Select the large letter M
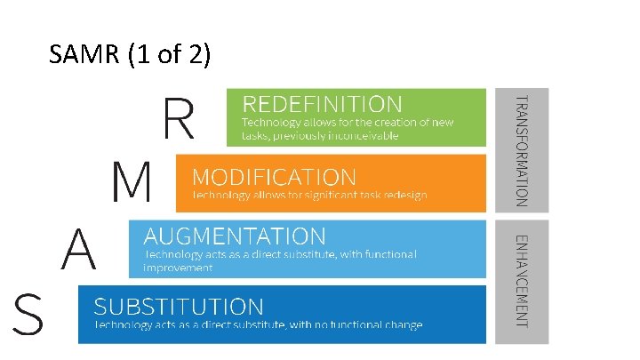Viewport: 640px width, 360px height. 131,183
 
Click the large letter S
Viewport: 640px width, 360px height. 29,316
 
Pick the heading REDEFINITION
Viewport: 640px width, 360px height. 323,104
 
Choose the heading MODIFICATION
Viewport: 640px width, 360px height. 274,176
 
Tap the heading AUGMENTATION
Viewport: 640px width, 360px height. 235,236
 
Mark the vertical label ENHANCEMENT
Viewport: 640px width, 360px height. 524,280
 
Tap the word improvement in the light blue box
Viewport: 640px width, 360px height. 178,267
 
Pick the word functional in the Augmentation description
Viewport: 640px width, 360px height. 384,254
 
